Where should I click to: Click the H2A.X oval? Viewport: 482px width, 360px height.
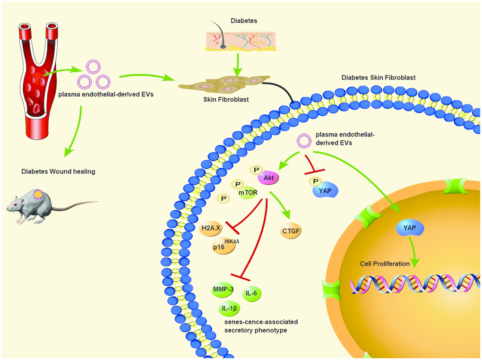[x=211, y=228]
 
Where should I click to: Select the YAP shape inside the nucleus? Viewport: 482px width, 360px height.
[x=409, y=229]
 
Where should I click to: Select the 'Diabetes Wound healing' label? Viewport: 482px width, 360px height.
[x=58, y=171]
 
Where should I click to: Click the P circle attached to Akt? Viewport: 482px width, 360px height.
[x=256, y=169]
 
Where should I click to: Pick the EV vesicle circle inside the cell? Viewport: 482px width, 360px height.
[x=303, y=141]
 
